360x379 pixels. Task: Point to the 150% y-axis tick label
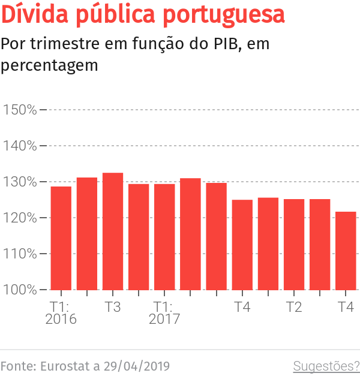pyautogui.click(x=20, y=110)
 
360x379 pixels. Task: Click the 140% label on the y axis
pyautogui.click(x=20, y=146)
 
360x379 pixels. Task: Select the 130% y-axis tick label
pyautogui.click(x=20, y=182)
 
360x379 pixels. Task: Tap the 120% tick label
pyautogui.click(x=20, y=218)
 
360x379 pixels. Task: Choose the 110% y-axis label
pyautogui.click(x=20, y=254)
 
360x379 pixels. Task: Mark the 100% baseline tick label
pyautogui.click(x=20, y=290)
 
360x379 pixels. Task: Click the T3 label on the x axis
pyautogui.click(x=113, y=307)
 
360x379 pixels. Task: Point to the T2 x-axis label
pyautogui.click(x=294, y=307)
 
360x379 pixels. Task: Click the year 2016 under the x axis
pyautogui.click(x=61, y=320)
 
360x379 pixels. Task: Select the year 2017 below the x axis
pyautogui.click(x=164, y=320)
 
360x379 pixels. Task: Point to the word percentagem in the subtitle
pyautogui.click(x=49, y=65)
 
